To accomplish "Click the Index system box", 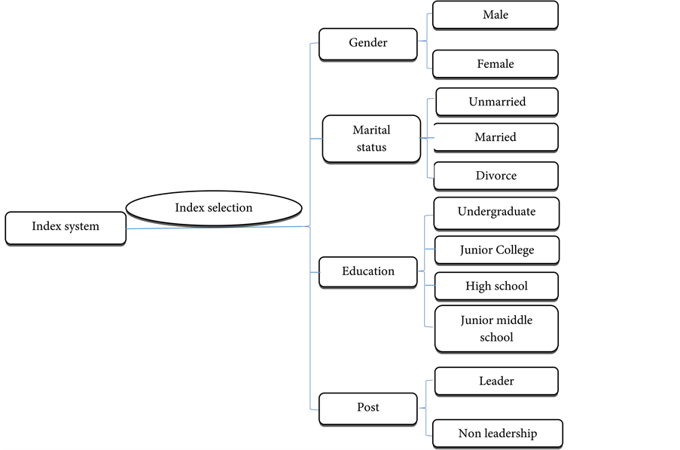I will (x=66, y=228).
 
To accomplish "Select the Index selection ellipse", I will (x=214, y=208).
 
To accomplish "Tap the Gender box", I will (x=367, y=44).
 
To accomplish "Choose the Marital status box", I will (x=370, y=139).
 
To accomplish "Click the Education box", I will (x=367, y=271).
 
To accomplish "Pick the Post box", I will (x=367, y=408).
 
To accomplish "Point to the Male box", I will (x=495, y=15).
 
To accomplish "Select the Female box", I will (x=495, y=64).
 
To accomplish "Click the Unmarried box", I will (x=496, y=102).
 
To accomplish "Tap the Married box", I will (x=496, y=137).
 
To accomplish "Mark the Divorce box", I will (x=496, y=176).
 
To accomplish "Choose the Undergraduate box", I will (x=496, y=213).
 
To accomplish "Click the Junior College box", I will (x=496, y=250).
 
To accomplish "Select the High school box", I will (x=496, y=286).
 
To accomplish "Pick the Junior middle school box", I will (x=496, y=329).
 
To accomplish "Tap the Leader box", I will (x=496, y=381).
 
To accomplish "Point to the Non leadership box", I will (x=497, y=433).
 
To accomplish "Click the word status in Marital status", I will (x=370, y=147).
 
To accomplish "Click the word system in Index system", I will (x=81, y=227).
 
